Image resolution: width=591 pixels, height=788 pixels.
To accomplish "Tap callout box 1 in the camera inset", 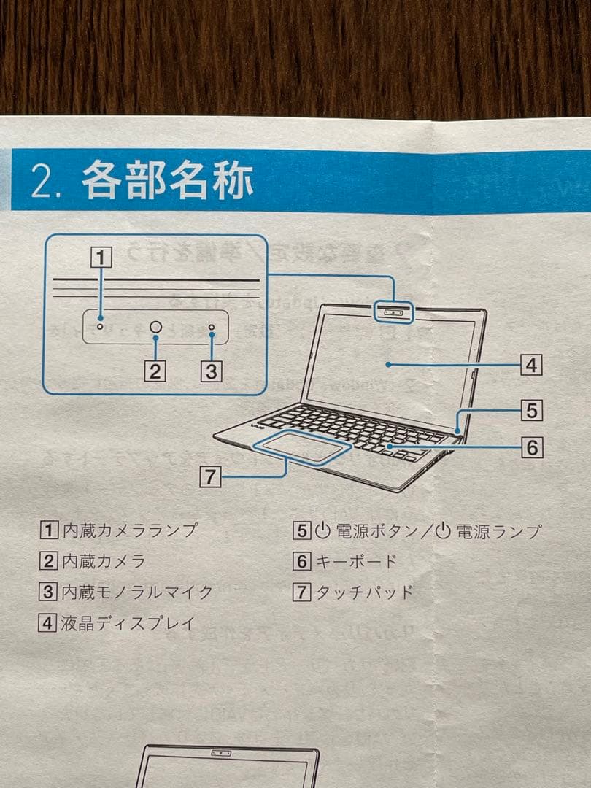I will [102, 258].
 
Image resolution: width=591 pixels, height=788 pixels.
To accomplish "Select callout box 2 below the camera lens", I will [153, 371].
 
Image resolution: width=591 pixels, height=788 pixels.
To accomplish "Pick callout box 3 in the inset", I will [211, 371].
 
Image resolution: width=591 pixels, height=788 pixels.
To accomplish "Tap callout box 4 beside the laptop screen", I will [532, 364].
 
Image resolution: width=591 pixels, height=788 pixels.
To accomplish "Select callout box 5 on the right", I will [532, 411].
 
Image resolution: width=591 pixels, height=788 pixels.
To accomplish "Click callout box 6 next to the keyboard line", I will [532, 447].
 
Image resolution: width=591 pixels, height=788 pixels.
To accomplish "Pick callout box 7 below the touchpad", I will [210, 477].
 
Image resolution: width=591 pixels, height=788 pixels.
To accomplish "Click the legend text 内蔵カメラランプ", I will [130, 530].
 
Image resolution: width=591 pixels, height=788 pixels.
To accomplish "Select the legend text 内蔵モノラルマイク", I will [137, 592].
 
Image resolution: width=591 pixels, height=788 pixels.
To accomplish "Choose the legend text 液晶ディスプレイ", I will [128, 623].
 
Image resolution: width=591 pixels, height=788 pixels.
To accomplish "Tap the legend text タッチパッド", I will [363, 592].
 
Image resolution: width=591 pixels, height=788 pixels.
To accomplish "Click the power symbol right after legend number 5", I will [322, 530].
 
